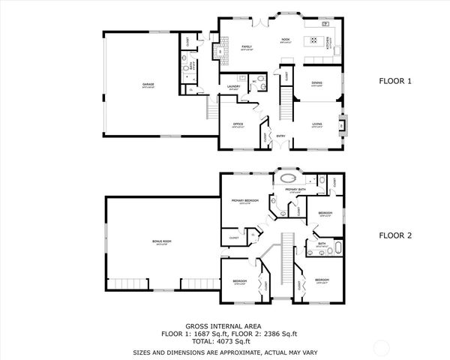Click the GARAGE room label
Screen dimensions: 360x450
click(148, 84)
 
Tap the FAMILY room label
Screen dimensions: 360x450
click(245, 46)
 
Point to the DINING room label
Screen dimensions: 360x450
click(317, 83)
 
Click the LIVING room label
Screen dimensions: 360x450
click(317, 125)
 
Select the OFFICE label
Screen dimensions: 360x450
click(238, 124)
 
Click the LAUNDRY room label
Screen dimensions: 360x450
click(233, 87)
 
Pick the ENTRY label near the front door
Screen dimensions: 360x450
click(280, 136)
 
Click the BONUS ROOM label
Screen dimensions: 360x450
click(162, 241)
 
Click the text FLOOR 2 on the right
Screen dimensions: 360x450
click(395, 235)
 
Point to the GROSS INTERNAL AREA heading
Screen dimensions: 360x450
click(224, 327)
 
